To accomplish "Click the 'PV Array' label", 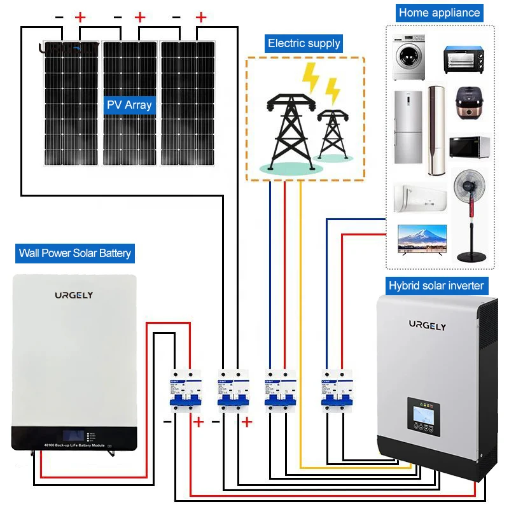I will tap(129, 104).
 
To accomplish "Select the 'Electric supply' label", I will tap(304, 43).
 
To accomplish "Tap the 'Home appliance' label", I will tap(439, 12).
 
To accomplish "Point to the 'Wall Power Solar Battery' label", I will tap(75, 253).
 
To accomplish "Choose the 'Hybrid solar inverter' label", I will tap(436, 286).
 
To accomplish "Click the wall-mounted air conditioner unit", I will tap(420, 197).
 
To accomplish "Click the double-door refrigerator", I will tap(407, 128).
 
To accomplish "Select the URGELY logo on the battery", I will tap(73, 295).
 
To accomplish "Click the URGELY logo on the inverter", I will tap(427, 325).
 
